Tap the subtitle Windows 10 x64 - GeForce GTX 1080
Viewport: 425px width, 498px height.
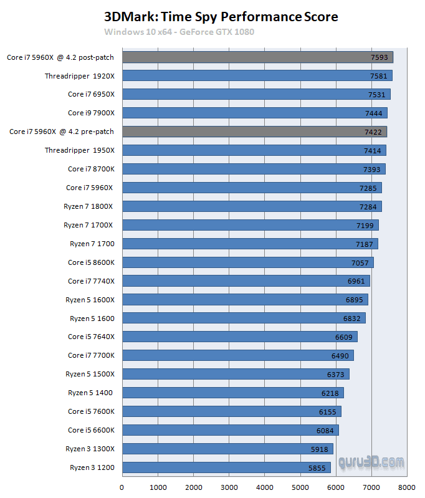pyautogui.click(x=179, y=32)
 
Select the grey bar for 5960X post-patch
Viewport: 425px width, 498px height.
pyautogui.click(x=257, y=57)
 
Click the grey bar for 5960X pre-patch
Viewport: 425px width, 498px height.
pyautogui.click(x=254, y=132)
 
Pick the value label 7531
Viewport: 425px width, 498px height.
pyautogui.click(x=376, y=95)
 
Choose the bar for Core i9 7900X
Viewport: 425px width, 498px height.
pyautogui.click(x=254, y=113)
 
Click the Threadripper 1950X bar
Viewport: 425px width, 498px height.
pyautogui.click(x=254, y=150)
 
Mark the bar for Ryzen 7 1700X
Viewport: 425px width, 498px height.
pyautogui.click(x=250, y=225)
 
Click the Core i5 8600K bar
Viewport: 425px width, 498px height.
pyautogui.click(x=247, y=262)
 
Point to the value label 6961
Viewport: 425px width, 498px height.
pyautogui.click(x=356, y=281)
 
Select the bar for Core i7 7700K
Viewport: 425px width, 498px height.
pyautogui.click(x=237, y=355)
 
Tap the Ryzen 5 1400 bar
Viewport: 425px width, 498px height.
pyautogui.click(x=232, y=393)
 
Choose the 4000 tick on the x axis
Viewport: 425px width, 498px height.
pyautogui.click(x=265, y=487)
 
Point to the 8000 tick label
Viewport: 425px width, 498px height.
pyautogui.click(x=408, y=487)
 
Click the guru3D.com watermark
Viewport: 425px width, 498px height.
pyautogui.click(x=371, y=462)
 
